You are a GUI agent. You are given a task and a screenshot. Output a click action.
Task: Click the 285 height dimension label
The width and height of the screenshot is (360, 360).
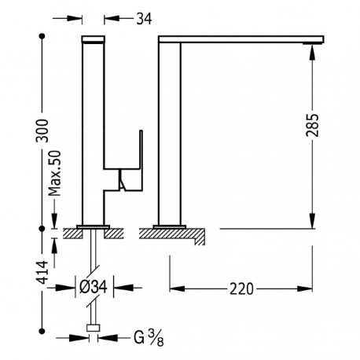point(312,125)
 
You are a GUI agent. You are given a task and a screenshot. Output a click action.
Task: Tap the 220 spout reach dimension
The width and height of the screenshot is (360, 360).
point(241,289)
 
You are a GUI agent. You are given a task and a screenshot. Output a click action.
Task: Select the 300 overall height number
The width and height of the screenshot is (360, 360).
point(42,130)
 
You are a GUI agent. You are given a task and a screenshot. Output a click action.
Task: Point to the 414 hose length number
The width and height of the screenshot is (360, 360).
point(42,273)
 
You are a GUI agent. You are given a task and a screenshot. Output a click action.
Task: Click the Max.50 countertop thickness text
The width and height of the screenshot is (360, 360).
point(54,173)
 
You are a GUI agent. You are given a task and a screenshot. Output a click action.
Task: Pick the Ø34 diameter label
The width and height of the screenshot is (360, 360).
point(94,287)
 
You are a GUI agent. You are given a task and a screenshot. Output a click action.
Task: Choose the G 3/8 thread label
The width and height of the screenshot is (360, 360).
point(149,338)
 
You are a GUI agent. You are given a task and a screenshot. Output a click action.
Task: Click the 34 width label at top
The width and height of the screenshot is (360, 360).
point(144,19)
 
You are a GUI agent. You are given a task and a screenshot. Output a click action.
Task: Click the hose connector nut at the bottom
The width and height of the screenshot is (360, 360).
point(94,328)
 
